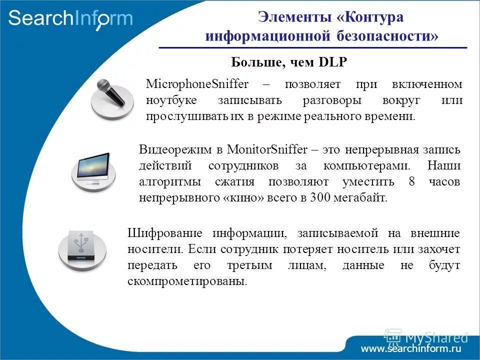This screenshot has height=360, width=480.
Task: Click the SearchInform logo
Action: point(70,18)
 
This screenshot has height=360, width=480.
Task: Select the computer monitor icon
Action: point(93,169)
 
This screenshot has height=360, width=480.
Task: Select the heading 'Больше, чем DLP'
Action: point(288,62)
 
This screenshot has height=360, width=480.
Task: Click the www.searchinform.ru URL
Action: point(411,348)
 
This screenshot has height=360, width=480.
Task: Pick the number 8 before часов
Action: point(411,181)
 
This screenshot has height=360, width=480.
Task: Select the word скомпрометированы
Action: point(187,281)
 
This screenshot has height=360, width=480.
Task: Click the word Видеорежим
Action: point(170,149)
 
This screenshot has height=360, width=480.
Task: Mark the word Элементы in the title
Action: point(290,16)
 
